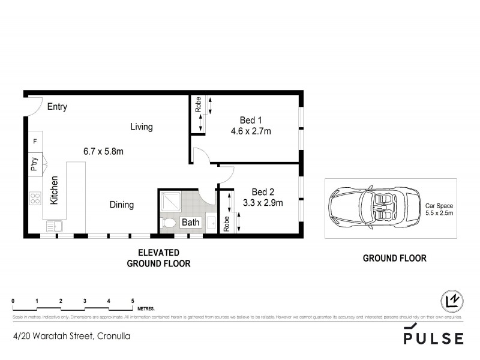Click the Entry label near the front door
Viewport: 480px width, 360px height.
(x=57, y=107)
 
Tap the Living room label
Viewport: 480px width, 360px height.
(x=142, y=127)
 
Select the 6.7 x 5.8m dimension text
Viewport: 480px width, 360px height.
(x=103, y=151)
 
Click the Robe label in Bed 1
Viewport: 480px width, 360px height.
(x=197, y=106)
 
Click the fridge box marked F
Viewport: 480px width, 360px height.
(x=35, y=142)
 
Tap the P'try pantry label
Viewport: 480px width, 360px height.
(x=34, y=165)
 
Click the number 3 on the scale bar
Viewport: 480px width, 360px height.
(x=85, y=301)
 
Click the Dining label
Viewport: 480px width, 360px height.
(x=121, y=205)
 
